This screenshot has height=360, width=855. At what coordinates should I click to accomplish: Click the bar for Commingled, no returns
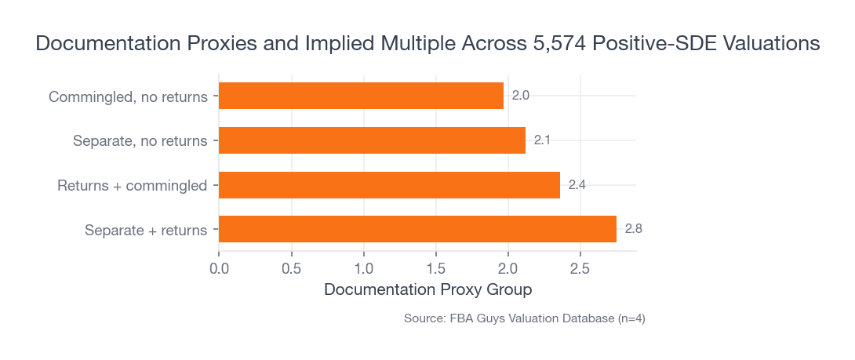pos(361,96)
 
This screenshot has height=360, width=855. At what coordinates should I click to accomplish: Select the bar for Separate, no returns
pos(372,140)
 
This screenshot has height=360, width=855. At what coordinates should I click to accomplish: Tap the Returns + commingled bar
pos(389,185)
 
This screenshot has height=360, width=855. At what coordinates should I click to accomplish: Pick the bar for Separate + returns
pos(417,230)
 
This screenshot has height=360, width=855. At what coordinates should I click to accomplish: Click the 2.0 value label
pos(520,96)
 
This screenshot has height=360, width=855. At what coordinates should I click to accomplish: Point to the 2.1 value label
pos(542,140)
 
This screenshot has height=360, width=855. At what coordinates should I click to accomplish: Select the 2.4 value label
pos(577,185)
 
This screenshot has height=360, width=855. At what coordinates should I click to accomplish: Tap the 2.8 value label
pos(634,230)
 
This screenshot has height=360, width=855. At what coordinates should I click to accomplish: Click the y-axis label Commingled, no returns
pos(128,97)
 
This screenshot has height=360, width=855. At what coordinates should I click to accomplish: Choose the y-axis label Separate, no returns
pos(140,141)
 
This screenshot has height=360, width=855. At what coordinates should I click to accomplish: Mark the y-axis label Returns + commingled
pos(133,186)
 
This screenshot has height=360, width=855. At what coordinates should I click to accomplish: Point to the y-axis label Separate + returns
pos(146,231)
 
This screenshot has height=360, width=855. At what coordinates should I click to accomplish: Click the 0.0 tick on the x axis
pos(219,269)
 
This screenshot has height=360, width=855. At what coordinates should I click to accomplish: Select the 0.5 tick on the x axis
pos(291,269)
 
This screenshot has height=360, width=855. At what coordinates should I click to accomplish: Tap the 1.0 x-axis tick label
pos(363,269)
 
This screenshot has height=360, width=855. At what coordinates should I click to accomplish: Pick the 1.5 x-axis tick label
pos(435,269)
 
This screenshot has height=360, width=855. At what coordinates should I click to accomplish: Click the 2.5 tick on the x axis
pos(580,269)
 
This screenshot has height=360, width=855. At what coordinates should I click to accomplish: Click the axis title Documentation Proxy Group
pos(427,289)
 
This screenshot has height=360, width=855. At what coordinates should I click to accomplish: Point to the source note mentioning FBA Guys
pos(524,318)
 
